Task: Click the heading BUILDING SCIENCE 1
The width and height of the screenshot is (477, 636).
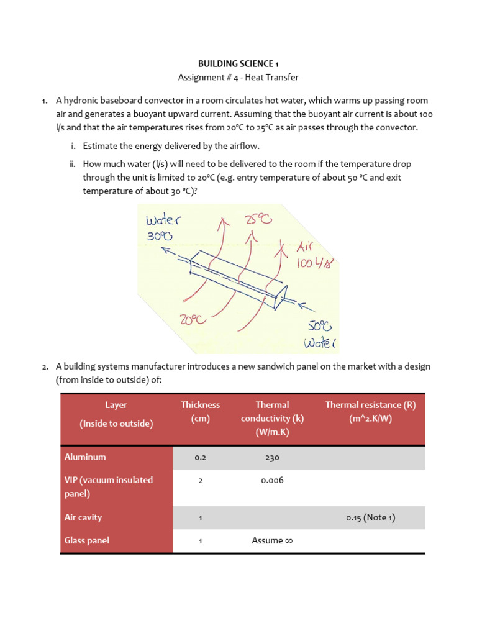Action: click(238, 63)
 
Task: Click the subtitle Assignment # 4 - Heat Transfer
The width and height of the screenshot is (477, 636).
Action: click(238, 77)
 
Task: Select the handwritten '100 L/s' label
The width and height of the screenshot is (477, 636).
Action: click(318, 263)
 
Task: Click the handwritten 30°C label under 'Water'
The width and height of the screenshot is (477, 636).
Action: click(160, 237)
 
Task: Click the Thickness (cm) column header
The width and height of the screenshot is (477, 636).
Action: click(200, 411)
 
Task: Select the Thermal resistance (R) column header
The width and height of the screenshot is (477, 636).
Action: click(370, 411)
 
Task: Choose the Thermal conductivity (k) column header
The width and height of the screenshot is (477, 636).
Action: click(272, 418)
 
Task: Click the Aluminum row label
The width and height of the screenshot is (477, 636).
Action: click(85, 457)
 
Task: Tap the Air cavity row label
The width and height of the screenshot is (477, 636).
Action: click(83, 517)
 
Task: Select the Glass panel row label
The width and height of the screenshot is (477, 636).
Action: click(87, 540)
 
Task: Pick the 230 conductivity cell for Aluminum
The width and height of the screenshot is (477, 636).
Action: click(272, 457)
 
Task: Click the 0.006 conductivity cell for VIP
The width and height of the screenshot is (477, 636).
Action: click(272, 480)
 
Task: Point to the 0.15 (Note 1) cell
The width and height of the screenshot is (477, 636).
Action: click(370, 517)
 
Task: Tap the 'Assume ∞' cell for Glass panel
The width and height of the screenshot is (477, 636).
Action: click(272, 540)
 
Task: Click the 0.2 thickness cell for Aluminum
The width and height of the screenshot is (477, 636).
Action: click(200, 457)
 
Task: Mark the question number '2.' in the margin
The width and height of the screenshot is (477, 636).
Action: click(45, 367)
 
